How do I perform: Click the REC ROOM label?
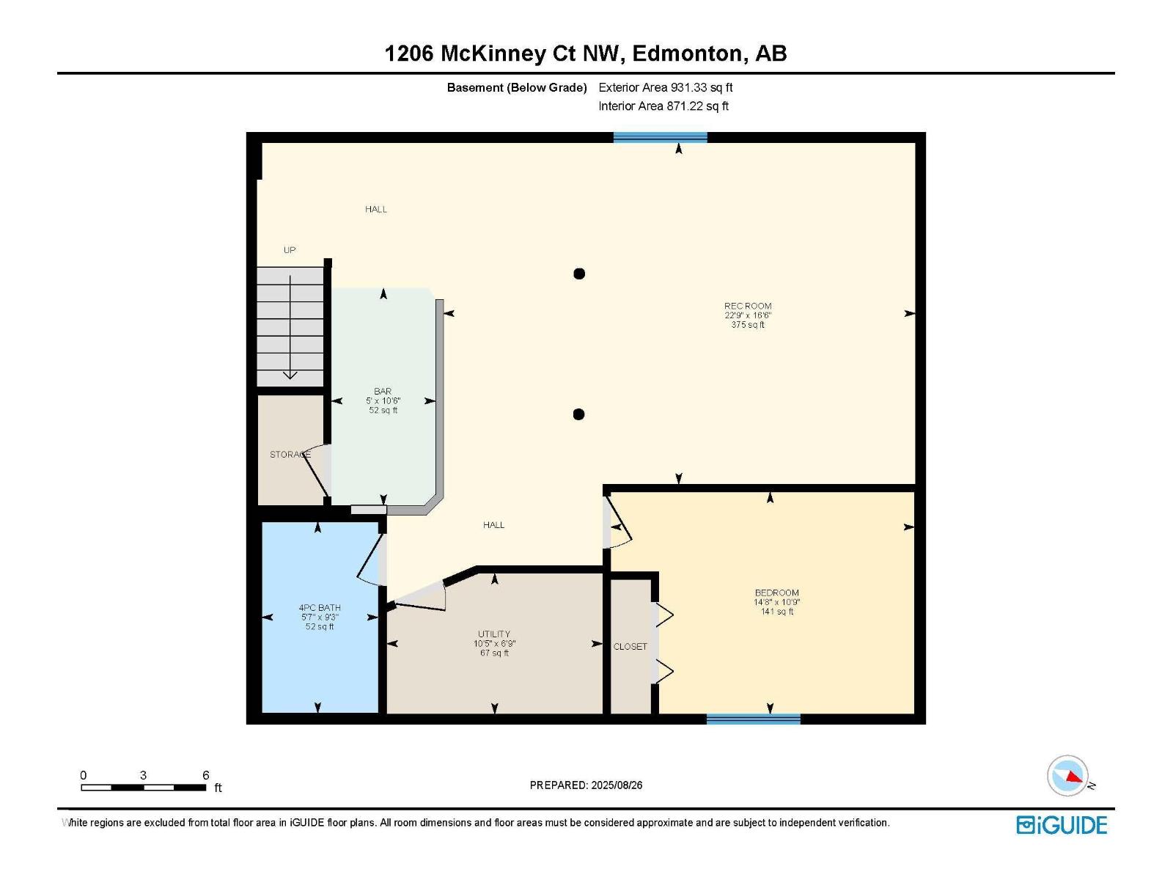[748, 306]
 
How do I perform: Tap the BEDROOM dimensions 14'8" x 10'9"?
[776, 602]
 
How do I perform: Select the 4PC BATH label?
[320, 607]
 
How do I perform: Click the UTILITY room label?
[494, 634]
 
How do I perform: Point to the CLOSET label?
[630, 646]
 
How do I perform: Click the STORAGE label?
[290, 455]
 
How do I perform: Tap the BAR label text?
[383, 392]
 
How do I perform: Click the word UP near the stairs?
[290, 250]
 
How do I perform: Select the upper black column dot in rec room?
[579, 274]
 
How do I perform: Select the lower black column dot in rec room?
[578, 414]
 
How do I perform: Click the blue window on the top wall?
[660, 137]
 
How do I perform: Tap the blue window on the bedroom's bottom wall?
[753, 719]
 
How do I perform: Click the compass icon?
[1067, 776]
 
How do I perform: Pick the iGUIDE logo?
[1061, 825]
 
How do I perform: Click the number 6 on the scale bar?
[206, 775]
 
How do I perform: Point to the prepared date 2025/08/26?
[616, 785]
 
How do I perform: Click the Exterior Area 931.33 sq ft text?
[665, 87]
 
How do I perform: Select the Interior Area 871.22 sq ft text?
[663, 106]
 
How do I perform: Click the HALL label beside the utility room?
[493, 525]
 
